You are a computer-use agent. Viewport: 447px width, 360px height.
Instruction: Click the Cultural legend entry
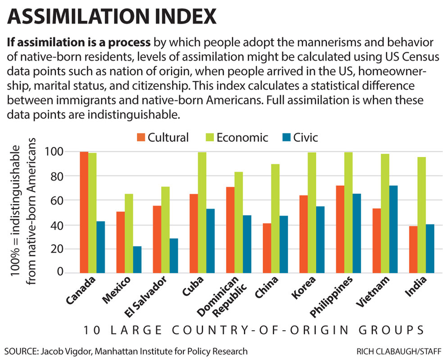[x=163, y=137]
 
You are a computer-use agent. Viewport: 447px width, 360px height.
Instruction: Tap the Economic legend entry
[x=234, y=137]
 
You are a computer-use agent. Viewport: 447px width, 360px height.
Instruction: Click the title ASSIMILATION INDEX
[x=112, y=17]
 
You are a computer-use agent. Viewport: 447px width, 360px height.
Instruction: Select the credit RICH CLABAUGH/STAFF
[x=398, y=351]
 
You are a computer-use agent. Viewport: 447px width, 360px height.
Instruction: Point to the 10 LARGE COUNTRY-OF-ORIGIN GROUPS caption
[x=253, y=330]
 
